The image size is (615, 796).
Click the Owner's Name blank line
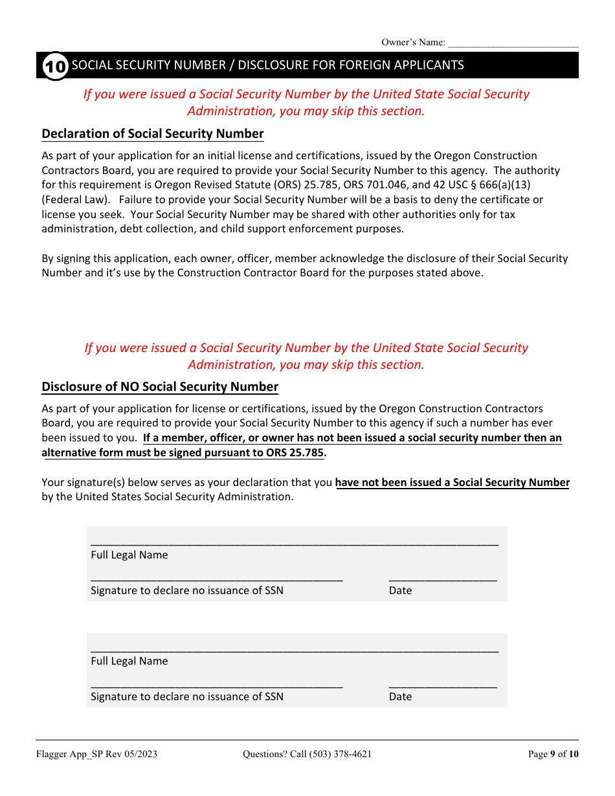click(513, 44)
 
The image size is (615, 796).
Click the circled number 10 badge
click(55, 66)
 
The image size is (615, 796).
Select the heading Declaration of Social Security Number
click(153, 134)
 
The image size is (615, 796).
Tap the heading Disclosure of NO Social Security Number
click(160, 387)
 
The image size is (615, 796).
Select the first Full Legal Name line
click(295, 542)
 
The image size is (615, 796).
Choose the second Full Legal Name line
click(295, 648)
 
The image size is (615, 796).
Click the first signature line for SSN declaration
click(216, 578)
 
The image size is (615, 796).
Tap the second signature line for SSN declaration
click(216, 684)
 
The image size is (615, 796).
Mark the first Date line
click(443, 578)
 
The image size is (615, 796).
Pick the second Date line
click(443, 684)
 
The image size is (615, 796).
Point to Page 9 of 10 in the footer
click(553, 754)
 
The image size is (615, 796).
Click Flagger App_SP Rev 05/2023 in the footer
click(96, 754)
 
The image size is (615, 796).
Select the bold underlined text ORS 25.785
click(295, 452)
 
